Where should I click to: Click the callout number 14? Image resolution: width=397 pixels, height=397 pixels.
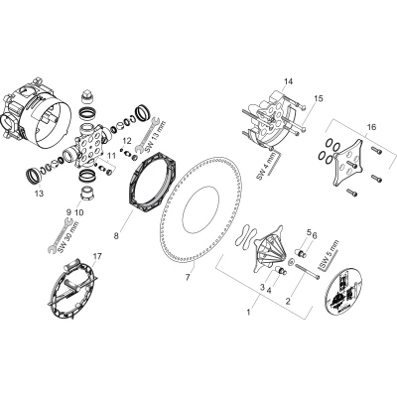pyautogui.click(x=288, y=81)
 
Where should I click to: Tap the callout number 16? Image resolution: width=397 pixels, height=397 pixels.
pyautogui.click(x=371, y=127)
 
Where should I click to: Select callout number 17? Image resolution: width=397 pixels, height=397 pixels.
pyautogui.click(x=97, y=256)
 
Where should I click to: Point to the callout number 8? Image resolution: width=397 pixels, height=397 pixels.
pyautogui.click(x=116, y=236)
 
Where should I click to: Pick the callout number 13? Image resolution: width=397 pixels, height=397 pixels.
pyautogui.click(x=39, y=194)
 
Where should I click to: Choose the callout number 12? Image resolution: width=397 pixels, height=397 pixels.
pyautogui.click(x=127, y=141)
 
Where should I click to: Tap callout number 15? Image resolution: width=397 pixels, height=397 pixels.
pyautogui.click(x=319, y=98)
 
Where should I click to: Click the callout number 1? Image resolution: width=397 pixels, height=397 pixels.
pyautogui.click(x=248, y=312)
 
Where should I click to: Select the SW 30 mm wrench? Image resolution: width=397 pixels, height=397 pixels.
pyautogui.click(x=61, y=235)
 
